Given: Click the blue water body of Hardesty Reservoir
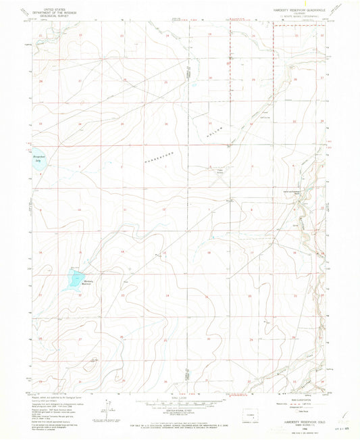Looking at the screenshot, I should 73,278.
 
